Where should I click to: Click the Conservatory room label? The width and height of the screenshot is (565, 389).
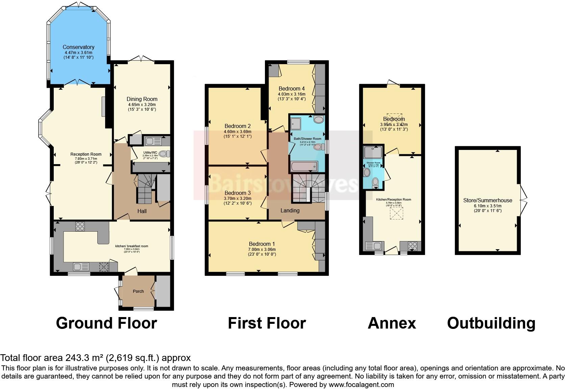(x=78, y=47)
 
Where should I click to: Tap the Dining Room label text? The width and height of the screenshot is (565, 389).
(x=142, y=99)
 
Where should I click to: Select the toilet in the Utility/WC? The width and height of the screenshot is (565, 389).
(x=164, y=154)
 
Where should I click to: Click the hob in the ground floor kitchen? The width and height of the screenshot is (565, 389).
(x=80, y=226)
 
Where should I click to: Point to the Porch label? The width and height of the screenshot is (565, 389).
(x=138, y=291)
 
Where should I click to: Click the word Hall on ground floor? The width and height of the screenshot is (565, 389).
(x=142, y=211)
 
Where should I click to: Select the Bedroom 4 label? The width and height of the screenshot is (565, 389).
(x=291, y=88)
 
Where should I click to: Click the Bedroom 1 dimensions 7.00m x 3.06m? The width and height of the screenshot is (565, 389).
(x=262, y=249)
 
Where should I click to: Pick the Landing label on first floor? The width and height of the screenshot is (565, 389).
(x=290, y=210)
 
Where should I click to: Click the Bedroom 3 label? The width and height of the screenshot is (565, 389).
(x=237, y=193)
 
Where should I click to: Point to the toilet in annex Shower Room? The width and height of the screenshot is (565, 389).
(x=375, y=183)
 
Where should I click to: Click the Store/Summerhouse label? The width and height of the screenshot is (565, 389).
(x=488, y=200)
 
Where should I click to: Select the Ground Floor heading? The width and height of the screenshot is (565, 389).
(x=106, y=323)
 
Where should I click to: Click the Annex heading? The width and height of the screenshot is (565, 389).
(x=392, y=323)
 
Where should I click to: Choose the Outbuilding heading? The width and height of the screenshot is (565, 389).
(x=491, y=323)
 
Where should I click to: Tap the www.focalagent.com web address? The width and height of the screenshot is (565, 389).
(x=361, y=384)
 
